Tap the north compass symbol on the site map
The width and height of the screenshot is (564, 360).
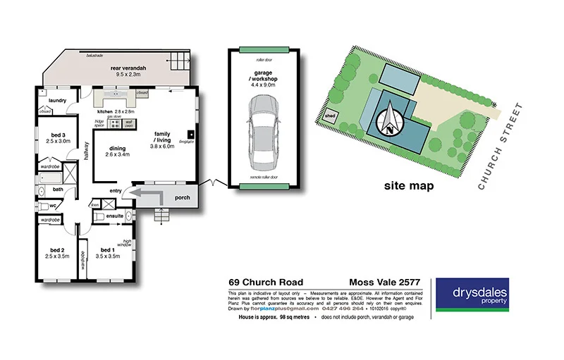(x=389, y=121)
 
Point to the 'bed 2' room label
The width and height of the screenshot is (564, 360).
(x=57, y=250)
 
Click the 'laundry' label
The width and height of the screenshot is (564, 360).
(x=58, y=101)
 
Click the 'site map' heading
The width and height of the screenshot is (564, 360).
(x=408, y=187)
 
